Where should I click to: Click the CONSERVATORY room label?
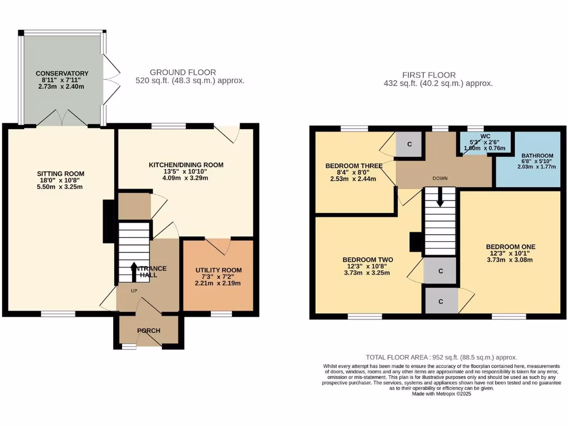[x=62, y=73]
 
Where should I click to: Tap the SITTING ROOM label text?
[x=61, y=174]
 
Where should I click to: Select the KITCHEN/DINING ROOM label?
[x=186, y=165]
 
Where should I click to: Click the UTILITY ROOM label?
[x=219, y=270]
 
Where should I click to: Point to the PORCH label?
[x=149, y=331]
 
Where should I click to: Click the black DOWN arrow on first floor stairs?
[x=440, y=197]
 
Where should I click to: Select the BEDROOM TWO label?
[x=368, y=260]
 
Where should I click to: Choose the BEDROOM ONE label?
[x=511, y=246]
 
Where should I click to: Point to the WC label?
[x=485, y=135]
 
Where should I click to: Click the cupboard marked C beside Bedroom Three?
[x=409, y=144]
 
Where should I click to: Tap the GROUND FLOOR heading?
[x=182, y=72]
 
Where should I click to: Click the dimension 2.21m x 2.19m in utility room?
[x=219, y=283]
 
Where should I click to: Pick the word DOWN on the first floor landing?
[x=440, y=178]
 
